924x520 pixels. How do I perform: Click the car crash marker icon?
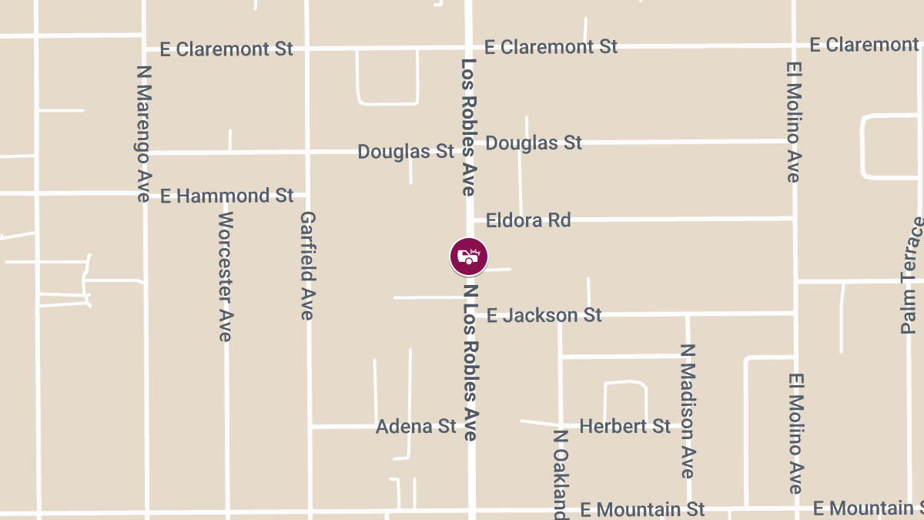[x=469, y=257]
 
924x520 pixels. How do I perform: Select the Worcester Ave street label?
[x=225, y=276]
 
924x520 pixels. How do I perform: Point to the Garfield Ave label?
[x=307, y=265]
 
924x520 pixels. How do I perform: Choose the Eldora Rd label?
[x=528, y=220]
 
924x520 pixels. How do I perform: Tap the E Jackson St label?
[x=544, y=315]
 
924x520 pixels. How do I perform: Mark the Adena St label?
[x=416, y=427]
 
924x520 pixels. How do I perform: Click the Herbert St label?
[x=624, y=426]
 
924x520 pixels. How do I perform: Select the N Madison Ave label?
[x=688, y=411]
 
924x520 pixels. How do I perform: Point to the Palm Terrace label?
[x=911, y=275]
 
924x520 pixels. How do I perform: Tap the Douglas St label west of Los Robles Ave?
[x=406, y=152]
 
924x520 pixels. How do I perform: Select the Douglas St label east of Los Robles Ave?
[x=534, y=143]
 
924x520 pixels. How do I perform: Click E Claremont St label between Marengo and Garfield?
[x=226, y=49]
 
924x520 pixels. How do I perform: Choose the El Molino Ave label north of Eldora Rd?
[x=794, y=122]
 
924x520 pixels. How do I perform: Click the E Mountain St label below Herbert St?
[x=643, y=509]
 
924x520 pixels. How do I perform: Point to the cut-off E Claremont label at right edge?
[x=865, y=45]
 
